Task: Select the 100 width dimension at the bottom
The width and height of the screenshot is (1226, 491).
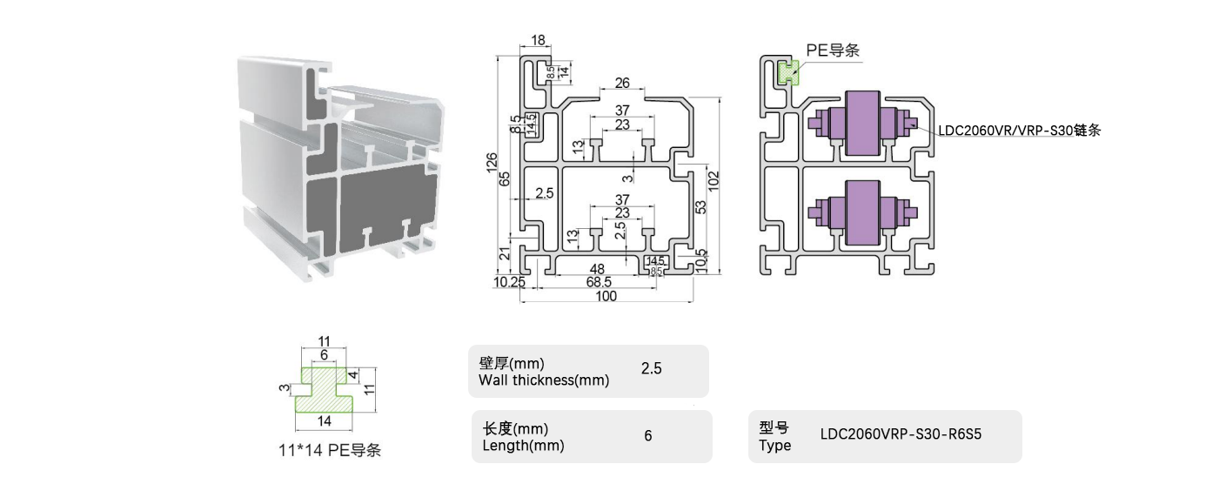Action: (606, 296)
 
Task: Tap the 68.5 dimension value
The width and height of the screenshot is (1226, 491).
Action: (598, 282)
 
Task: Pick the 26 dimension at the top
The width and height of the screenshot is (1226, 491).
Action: (622, 84)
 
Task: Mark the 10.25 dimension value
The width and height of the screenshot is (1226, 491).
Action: (509, 282)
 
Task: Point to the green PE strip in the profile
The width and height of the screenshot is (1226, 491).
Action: (788, 72)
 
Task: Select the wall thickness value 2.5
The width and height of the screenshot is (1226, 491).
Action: (651, 369)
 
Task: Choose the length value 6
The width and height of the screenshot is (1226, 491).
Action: (648, 436)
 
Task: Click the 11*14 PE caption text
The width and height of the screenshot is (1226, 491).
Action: (324, 451)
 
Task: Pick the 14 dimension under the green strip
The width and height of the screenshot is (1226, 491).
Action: (324, 422)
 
